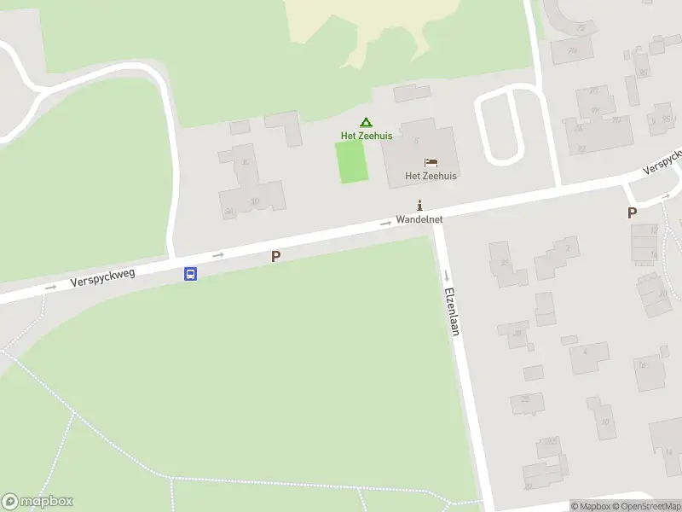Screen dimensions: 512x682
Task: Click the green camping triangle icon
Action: (366, 123)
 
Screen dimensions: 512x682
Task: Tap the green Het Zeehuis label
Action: (367, 137)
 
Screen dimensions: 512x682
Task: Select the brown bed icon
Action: (431, 162)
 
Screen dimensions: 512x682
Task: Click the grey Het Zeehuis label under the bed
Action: (431, 177)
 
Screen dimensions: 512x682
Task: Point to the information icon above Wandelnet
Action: (419, 205)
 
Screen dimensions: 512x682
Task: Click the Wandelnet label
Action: (419, 219)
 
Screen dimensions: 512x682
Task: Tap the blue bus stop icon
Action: (191, 274)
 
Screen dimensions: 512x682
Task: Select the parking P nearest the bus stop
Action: (275, 256)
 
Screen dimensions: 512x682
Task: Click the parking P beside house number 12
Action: (632, 213)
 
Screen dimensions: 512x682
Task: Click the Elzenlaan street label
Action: (452, 310)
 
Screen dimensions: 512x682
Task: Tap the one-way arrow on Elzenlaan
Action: (447, 275)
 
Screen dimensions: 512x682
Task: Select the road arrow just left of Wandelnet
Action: (386, 223)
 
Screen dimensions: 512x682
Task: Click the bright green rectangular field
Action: (351, 162)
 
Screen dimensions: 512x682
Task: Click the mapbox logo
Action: (38, 502)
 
